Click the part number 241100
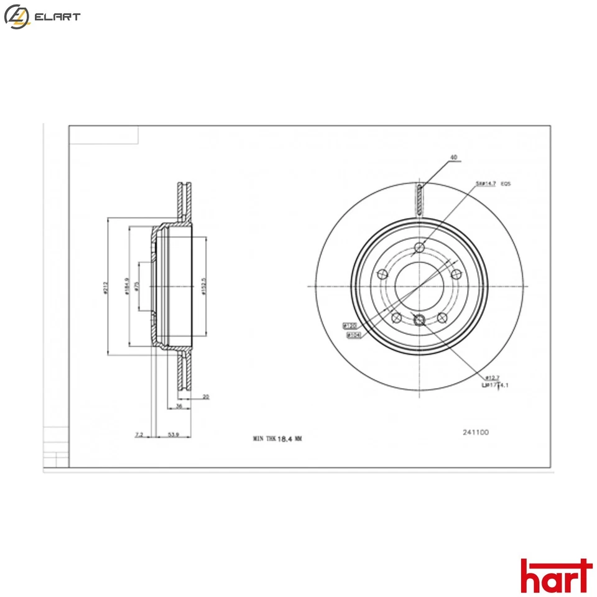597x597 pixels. click(475, 432)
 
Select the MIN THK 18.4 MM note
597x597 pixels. click(277, 438)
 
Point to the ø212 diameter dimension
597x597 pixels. click(107, 288)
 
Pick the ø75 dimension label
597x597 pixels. click(136, 287)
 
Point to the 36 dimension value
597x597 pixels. click(179, 406)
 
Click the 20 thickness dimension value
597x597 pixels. click(205, 396)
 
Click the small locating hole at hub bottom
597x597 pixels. click(419, 320)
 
